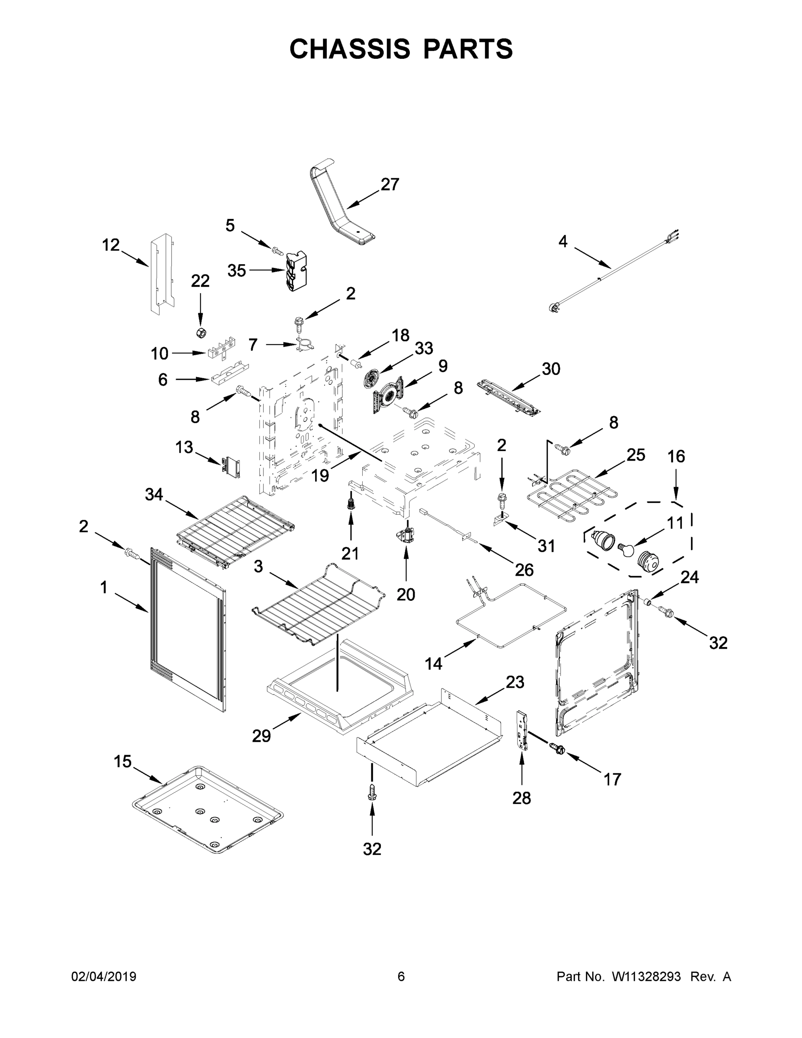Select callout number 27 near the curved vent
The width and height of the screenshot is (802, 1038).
point(390,184)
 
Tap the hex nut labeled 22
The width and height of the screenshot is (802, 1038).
point(201,332)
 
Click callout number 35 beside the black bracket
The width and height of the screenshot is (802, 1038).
point(236,270)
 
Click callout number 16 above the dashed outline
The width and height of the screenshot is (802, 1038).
point(676,457)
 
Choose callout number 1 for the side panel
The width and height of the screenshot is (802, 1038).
point(104,588)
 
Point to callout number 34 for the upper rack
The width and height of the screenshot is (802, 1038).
point(153,495)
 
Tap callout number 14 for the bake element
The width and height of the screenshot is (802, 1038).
point(433,663)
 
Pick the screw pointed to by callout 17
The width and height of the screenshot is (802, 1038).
point(556,748)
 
